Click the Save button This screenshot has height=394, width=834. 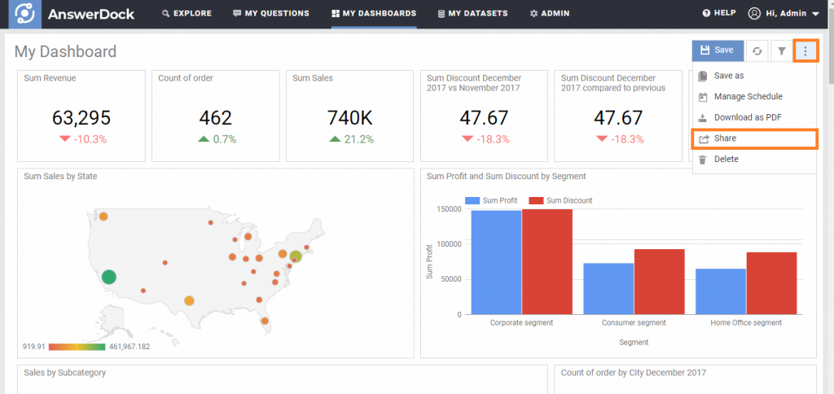(x=718, y=50)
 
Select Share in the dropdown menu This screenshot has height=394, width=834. (x=753, y=138)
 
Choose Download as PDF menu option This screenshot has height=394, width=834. (x=747, y=117)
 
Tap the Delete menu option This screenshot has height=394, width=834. (x=726, y=160)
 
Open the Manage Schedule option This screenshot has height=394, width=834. (x=747, y=97)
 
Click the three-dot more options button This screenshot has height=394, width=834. (x=805, y=51)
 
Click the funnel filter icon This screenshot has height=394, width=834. (x=782, y=51)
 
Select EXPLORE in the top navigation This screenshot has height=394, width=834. (x=187, y=14)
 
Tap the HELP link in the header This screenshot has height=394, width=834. (x=719, y=14)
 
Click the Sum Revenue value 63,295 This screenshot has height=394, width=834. (x=81, y=118)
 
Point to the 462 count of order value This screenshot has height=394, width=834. (x=215, y=118)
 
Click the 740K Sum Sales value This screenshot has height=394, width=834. (x=350, y=118)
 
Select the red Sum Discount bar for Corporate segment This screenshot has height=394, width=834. (x=546, y=261)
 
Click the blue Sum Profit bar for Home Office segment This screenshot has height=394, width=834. (x=720, y=291)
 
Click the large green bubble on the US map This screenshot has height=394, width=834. (x=108, y=277)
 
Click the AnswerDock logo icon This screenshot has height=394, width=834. (x=26, y=14)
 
